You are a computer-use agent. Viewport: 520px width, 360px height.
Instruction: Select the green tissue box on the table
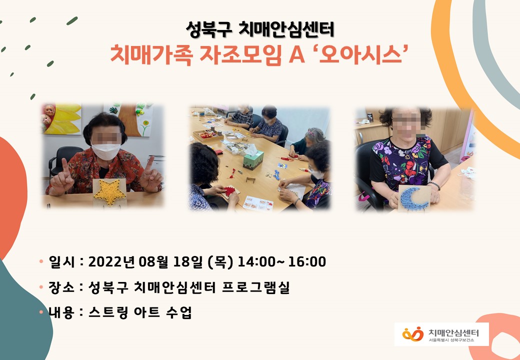[x=253, y=160]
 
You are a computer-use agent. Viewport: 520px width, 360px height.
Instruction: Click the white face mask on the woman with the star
[x=106, y=151]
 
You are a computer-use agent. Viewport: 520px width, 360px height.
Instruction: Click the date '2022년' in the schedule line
[x=112, y=262]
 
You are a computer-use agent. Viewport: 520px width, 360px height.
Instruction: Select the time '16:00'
[x=307, y=262]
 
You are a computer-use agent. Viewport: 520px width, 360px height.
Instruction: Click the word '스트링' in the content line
[x=108, y=312]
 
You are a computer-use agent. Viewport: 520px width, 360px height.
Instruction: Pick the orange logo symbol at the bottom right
[x=413, y=334]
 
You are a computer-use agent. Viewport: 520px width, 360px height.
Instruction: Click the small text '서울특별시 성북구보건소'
[x=451, y=340]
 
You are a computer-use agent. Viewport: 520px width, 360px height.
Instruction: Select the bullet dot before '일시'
[x=41, y=261]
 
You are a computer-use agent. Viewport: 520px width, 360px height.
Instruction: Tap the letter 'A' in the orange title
[x=297, y=55]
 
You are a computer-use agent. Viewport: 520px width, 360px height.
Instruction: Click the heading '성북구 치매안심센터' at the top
[x=260, y=29]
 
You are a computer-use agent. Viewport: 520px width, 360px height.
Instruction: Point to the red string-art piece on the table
[x=229, y=191]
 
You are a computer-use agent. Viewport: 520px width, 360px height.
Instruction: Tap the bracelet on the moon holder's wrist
[x=434, y=185]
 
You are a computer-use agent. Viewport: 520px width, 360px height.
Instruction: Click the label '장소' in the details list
[x=61, y=287]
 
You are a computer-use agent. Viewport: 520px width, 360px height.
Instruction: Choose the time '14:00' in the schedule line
[x=256, y=262]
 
